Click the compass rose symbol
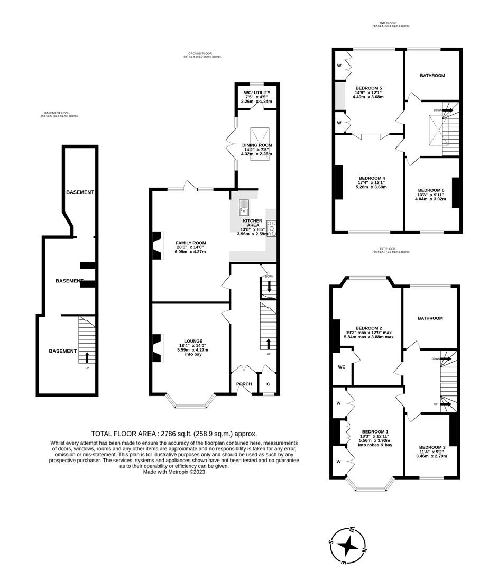(348, 545)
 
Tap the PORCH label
(244, 384)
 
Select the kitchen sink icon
(244, 207)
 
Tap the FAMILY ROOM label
(191, 243)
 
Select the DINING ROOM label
(257, 145)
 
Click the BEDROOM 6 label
(431, 190)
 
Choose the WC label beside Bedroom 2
(341, 366)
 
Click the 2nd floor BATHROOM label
(432, 76)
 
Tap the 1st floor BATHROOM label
(430, 318)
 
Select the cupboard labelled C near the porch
(268, 384)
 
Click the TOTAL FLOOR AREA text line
(174, 433)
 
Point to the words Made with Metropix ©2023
(174, 472)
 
